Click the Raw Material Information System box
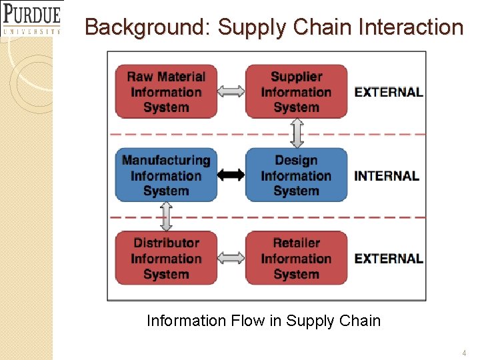pos(166,92)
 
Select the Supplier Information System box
pos(296,92)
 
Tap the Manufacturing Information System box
pos(166,175)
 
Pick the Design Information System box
pos(296,175)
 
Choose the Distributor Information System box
pos(166,258)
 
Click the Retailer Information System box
pos(296,258)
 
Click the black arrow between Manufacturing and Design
pos(231,175)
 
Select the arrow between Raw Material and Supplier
pos(231,92)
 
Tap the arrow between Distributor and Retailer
pos(231,258)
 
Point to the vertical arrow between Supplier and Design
pos(297,133)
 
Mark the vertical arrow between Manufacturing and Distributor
pos(166,217)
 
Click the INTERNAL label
pos(387,176)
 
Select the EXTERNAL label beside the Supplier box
pos(389,93)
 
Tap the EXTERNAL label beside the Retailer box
pos(389,259)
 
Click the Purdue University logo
pos(31,18)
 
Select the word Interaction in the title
pos(410,28)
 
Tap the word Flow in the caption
pos(247,321)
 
